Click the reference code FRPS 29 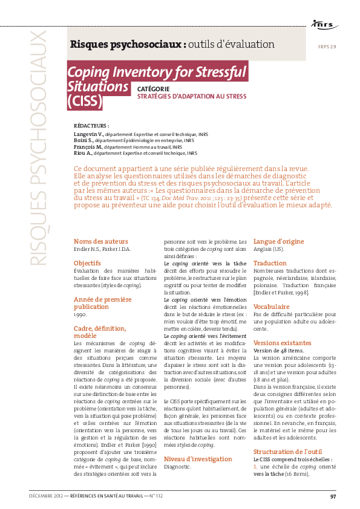click(327, 47)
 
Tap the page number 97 click(333, 496)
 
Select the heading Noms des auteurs click(101, 241)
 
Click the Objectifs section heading click(87, 263)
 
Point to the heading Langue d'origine click(278, 241)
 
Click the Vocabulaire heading click(272, 306)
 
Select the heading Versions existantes click(282, 343)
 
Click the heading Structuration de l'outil click(288, 451)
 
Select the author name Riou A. click(84, 153)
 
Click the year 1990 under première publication click(80, 314)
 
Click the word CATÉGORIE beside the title click(153, 88)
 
